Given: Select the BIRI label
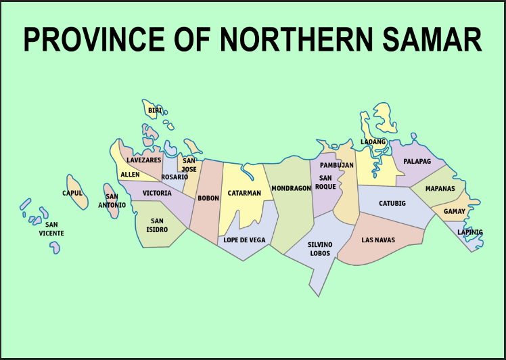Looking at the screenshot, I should (156, 110).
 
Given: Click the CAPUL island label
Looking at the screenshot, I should (72, 193).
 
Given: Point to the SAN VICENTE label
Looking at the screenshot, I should (51, 229).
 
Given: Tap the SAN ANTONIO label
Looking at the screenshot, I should (112, 201).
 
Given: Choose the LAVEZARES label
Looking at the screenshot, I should (144, 160).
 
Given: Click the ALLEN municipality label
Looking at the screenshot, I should (130, 175).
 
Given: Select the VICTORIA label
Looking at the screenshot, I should (157, 193).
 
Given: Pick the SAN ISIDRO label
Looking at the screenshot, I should (157, 225).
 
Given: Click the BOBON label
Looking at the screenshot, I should (208, 198).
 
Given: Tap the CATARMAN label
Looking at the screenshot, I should (244, 193).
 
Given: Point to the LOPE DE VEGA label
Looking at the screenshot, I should (244, 240).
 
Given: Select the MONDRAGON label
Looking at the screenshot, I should (291, 188).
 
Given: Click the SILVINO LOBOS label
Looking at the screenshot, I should (320, 248).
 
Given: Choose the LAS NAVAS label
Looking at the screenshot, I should (378, 240).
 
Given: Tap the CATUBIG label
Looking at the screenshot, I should (392, 203).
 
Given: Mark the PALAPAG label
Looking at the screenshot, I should (417, 161).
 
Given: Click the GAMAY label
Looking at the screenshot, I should (455, 211).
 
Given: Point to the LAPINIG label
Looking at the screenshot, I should (470, 232).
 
